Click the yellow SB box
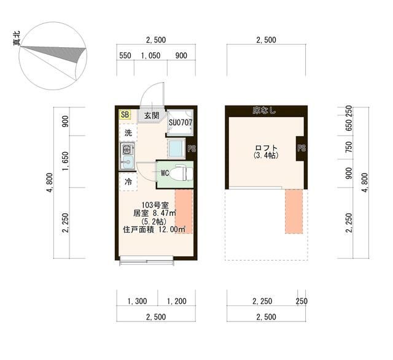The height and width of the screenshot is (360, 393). point(125,115)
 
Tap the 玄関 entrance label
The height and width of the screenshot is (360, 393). point(152,115)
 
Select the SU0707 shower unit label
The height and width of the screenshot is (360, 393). point(180,123)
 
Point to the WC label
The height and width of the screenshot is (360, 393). point(165,173)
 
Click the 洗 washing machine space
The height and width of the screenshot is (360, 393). point(128,132)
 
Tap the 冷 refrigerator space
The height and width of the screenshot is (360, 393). point(128,182)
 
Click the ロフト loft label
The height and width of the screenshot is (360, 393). point(266,148)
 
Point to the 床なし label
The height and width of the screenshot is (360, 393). point(264,110)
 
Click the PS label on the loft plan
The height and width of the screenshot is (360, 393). point(302,148)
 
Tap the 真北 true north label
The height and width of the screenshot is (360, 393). point(17,38)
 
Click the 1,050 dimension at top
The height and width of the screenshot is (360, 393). point(150,56)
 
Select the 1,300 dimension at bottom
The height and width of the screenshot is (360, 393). point(137,301)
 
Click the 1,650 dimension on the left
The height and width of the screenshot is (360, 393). point(65,161)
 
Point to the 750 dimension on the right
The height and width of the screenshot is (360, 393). point(349,147)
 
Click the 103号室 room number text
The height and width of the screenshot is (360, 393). point(155,205)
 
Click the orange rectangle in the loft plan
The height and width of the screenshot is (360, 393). point(294,212)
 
